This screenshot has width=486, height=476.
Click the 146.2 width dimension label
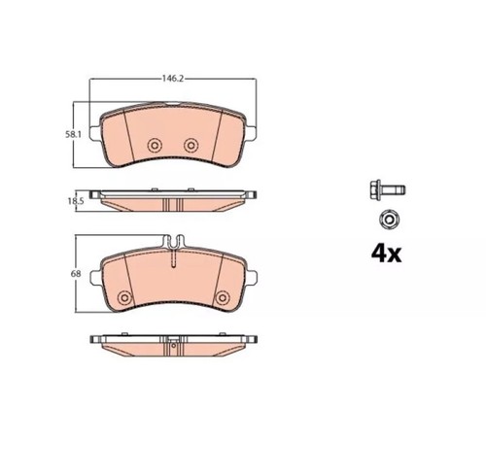pyautogui.click(x=173, y=79)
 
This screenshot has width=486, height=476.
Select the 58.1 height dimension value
pyautogui.click(x=73, y=134)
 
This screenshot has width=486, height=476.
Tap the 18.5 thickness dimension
pyautogui.click(x=76, y=201)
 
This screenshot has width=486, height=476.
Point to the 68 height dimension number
pyautogui.click(x=76, y=274)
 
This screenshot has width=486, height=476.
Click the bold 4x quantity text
pyautogui.click(x=386, y=254)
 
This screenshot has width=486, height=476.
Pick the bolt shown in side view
pyautogui.click(x=388, y=189)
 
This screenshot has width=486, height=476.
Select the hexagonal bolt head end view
pyautogui.click(x=389, y=221)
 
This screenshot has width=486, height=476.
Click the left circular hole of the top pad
pyautogui.click(x=155, y=146)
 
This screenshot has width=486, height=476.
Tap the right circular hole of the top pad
pyautogui.click(x=191, y=145)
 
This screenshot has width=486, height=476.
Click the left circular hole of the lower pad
pyautogui.click(x=124, y=297)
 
